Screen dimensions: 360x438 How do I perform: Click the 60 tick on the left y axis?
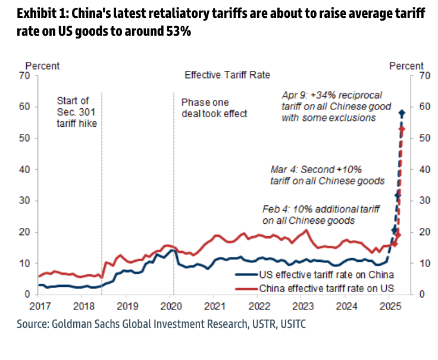24,107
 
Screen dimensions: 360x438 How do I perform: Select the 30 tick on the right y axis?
423,201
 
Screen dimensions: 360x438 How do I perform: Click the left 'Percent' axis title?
42,66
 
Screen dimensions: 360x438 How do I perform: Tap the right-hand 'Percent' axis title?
406,66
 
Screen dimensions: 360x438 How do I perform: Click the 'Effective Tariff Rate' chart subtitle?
227,76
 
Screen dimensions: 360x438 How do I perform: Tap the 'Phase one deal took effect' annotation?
214,108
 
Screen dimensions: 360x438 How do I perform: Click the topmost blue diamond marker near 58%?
402,113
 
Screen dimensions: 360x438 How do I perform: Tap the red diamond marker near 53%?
402,129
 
